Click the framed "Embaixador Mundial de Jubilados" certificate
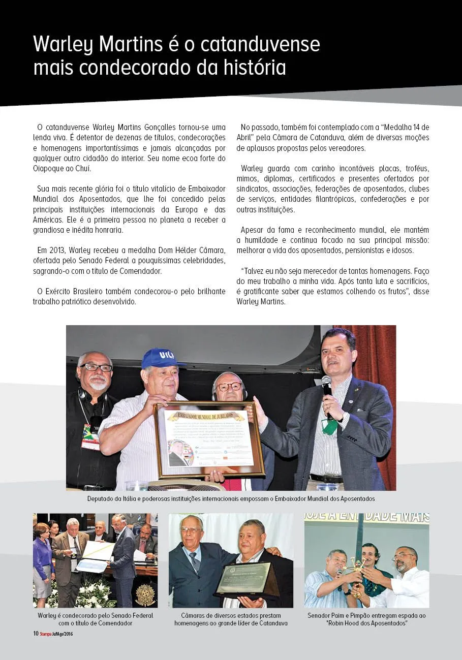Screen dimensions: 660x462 pos(209,439)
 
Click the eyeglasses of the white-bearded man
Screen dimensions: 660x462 pos(96,367)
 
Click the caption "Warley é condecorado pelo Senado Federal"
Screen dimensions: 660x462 pos(95,615)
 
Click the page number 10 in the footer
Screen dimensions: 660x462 pos(36,634)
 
